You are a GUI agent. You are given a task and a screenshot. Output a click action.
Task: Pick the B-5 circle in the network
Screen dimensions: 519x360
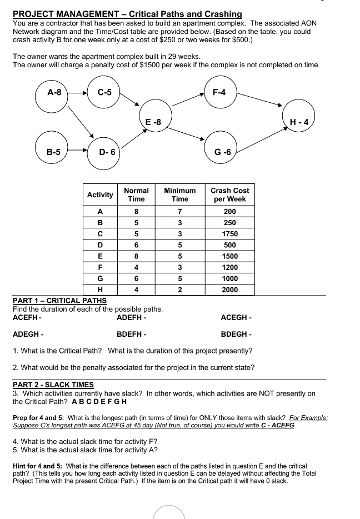click(53, 151)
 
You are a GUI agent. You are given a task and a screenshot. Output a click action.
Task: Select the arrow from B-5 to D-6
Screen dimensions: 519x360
click(78, 151)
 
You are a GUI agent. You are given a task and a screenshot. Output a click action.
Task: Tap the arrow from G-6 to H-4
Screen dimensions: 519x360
click(264, 137)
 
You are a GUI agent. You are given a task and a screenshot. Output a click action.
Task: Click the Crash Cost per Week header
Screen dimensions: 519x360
click(229, 194)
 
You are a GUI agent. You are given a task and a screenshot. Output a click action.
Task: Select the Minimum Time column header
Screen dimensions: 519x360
click(179, 194)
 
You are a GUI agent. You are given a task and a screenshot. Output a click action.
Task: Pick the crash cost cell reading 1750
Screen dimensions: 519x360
click(229, 234)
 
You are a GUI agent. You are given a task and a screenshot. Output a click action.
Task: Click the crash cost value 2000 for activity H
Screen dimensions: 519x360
click(229, 290)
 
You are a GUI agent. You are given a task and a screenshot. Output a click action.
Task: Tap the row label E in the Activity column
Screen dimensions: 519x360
click(100, 256)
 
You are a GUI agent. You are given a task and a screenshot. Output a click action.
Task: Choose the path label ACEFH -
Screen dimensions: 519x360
click(27, 318)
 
